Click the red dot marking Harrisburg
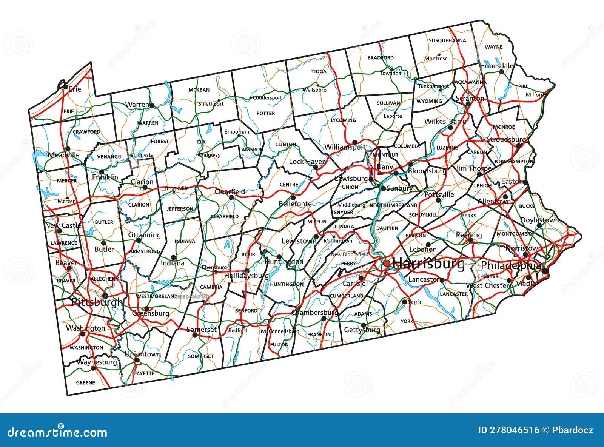click(387, 263)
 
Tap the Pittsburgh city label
click(97, 302)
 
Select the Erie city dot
click(65, 87)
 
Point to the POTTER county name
click(266, 113)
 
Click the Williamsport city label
click(345, 147)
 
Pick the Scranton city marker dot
click(468, 103)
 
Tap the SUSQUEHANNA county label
click(447, 40)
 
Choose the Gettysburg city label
click(362, 330)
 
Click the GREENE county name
click(85, 382)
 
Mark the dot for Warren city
click(152, 105)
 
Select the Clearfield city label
click(230, 191)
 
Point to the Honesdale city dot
click(501, 71)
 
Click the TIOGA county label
click(319, 71)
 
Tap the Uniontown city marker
click(137, 360)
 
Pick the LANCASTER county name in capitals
click(454, 294)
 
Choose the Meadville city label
click(63, 155)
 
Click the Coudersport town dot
click(250, 98)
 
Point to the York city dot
click(404, 302)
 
